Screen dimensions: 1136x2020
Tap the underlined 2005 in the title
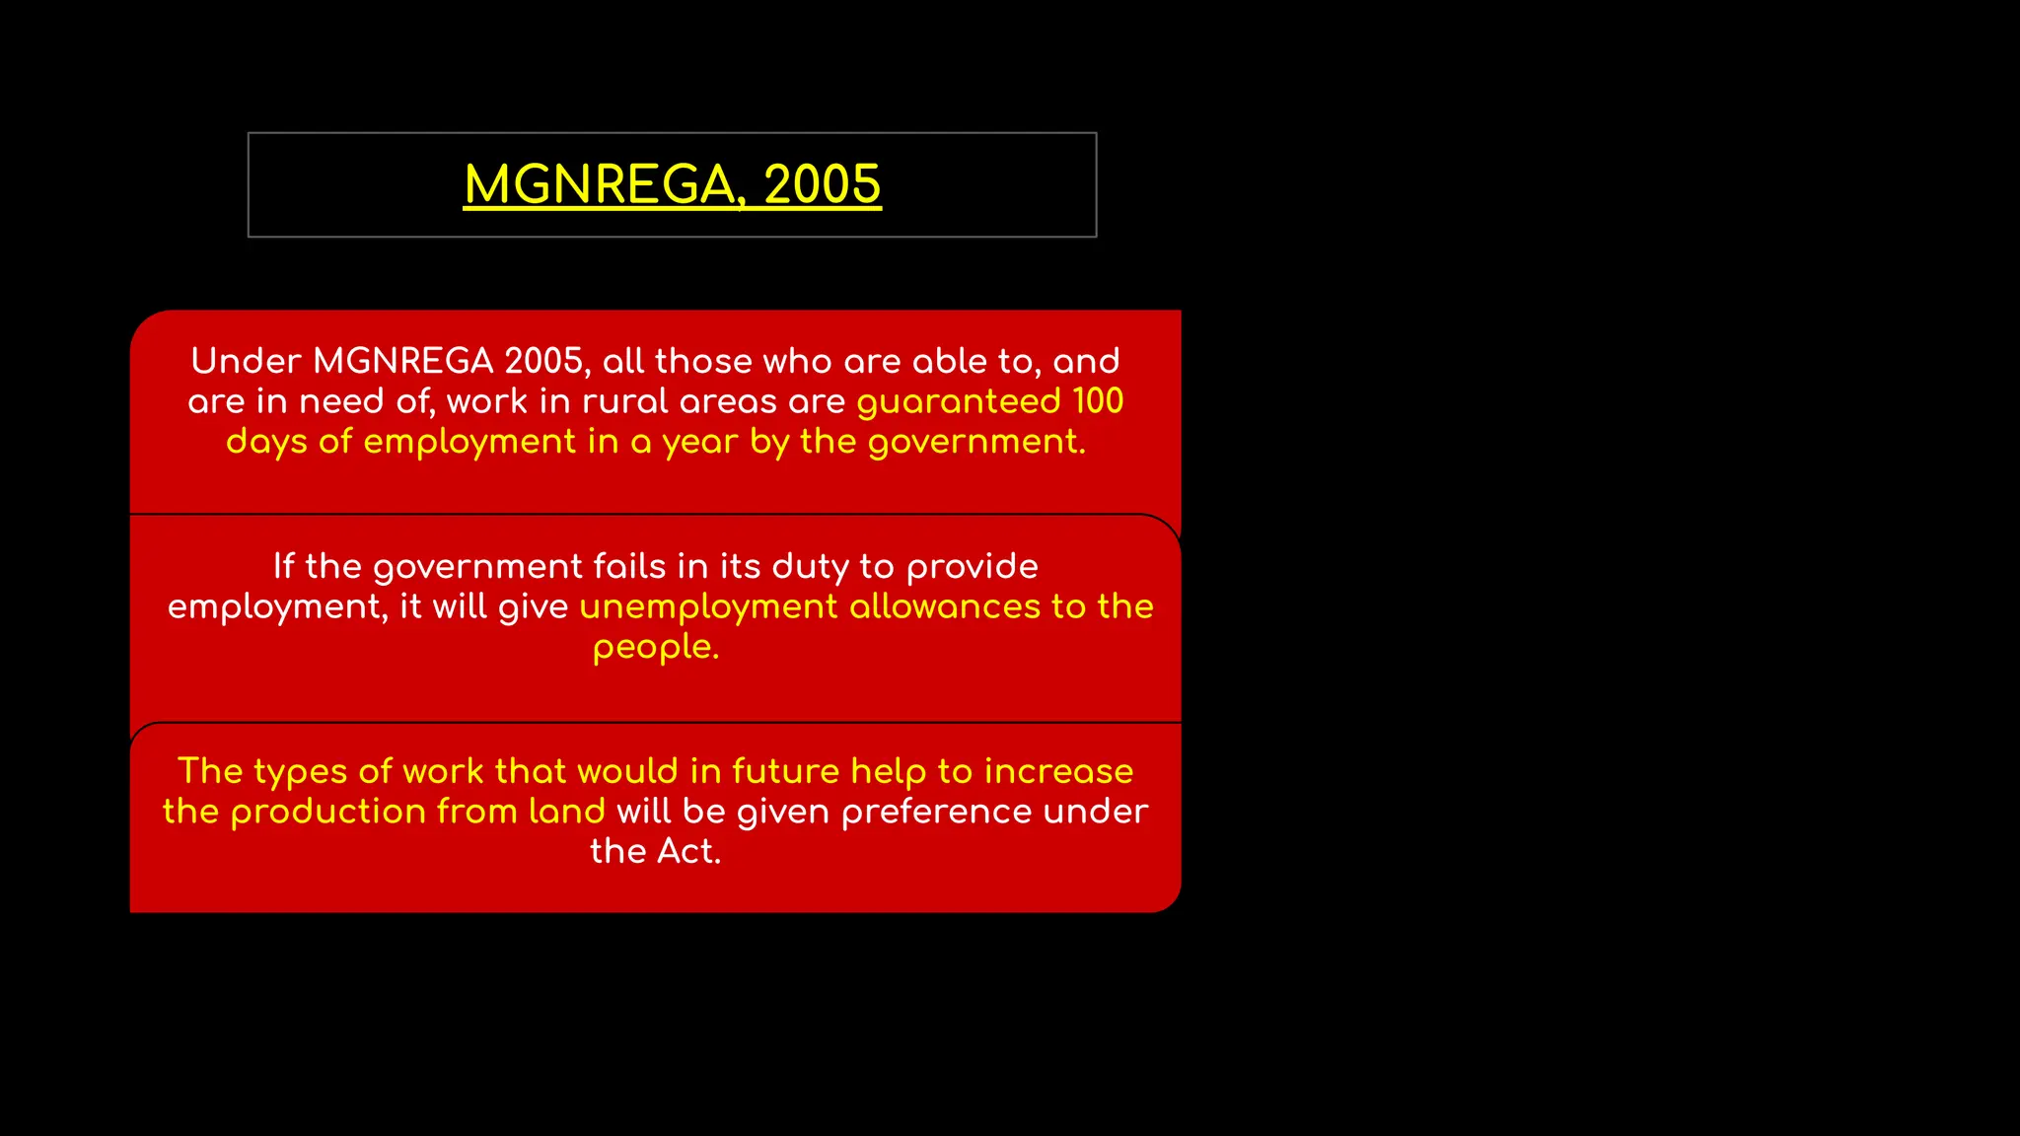tap(822, 184)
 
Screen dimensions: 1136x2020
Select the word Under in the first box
tap(246, 361)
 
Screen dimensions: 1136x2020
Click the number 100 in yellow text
tap(1098, 401)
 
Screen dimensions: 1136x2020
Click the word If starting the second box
tap(283, 566)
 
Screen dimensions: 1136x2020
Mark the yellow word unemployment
tap(708, 607)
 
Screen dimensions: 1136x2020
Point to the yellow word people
tap(655, 648)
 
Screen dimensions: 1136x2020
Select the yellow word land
tap(566, 812)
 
